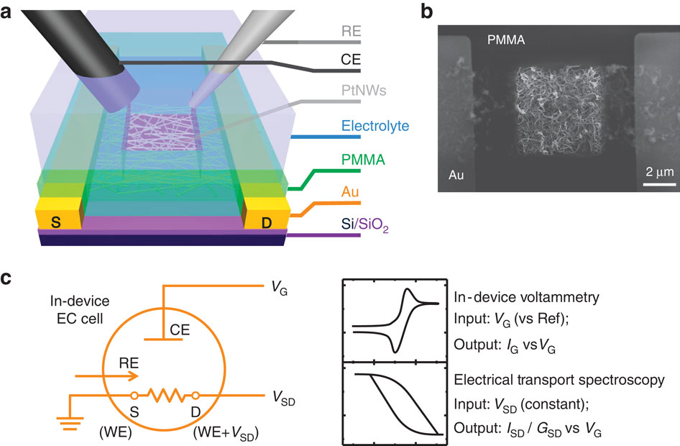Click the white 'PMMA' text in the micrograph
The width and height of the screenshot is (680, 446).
[504, 41]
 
